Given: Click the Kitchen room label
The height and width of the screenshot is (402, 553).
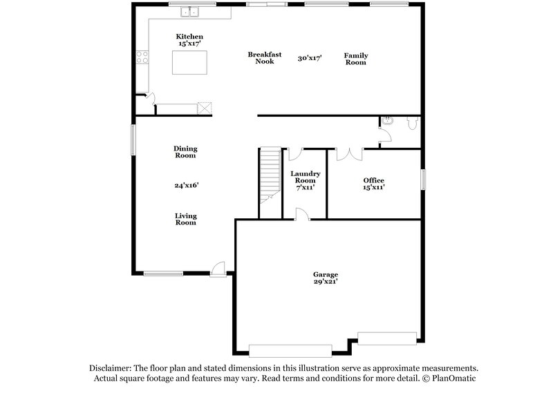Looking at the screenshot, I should [189, 36].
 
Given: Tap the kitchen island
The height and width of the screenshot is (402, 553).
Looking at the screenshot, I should [189, 63].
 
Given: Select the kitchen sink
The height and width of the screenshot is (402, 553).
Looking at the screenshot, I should [189, 12].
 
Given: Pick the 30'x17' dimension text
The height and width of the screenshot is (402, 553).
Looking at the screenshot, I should [310, 58].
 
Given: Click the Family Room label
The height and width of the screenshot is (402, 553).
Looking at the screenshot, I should [356, 58].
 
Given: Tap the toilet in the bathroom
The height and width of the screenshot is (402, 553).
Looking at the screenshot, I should [413, 123].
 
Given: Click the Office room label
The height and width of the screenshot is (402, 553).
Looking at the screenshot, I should [373, 180].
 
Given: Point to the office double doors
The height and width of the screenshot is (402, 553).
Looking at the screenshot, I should [348, 153].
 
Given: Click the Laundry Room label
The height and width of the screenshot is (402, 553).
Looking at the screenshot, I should [304, 177].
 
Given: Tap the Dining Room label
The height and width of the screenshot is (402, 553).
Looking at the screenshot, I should [185, 152].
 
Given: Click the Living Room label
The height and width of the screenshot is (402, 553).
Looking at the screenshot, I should [185, 219].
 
